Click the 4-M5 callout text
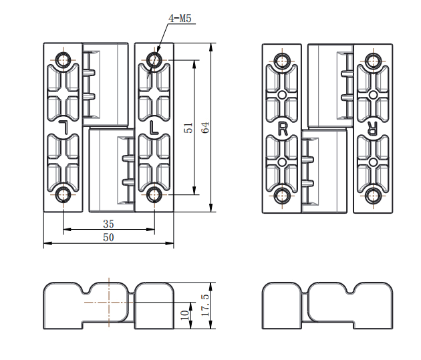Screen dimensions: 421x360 click(180, 18)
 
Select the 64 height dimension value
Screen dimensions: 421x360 click(205, 128)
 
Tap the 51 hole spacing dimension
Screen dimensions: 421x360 click(188, 128)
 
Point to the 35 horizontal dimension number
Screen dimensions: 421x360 click(108, 224)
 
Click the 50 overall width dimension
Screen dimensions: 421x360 click(108, 237)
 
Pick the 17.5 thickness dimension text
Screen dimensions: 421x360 click(205, 305)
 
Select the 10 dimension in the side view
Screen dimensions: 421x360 click(185, 315)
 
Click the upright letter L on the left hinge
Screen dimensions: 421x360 click(154, 128)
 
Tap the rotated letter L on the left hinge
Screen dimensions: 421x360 click(64, 127)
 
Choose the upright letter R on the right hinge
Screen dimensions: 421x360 click(283, 129)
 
